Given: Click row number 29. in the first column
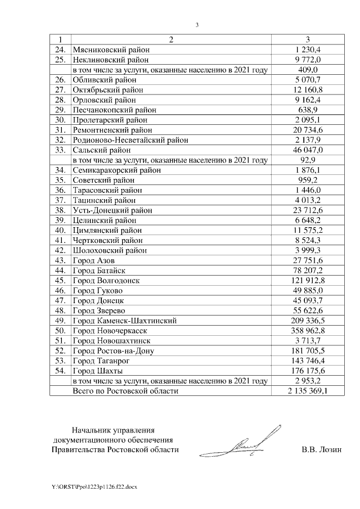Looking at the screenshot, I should coord(60,110).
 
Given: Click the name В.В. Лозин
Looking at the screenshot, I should coord(321,449).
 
